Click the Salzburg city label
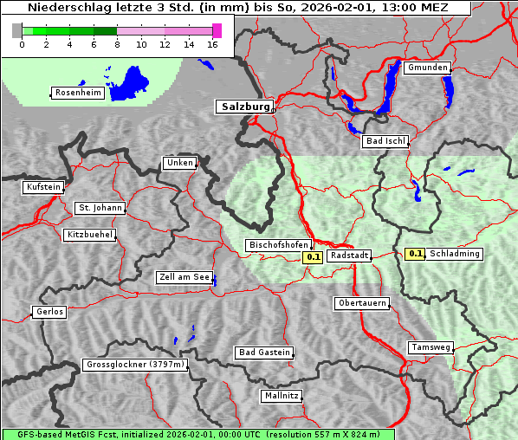243,107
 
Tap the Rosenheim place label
78,93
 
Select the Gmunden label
427,68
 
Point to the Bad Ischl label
385,141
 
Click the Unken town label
178,163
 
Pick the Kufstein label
43,187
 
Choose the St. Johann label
99,208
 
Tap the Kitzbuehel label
89,235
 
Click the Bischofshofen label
278,245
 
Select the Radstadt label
349,256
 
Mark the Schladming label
455,254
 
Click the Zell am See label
184,277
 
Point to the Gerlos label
49,312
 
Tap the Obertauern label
361,303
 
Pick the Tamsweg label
431,347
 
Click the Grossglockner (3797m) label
135,365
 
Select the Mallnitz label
281,396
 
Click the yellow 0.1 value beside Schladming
415,254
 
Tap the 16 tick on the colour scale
213,44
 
